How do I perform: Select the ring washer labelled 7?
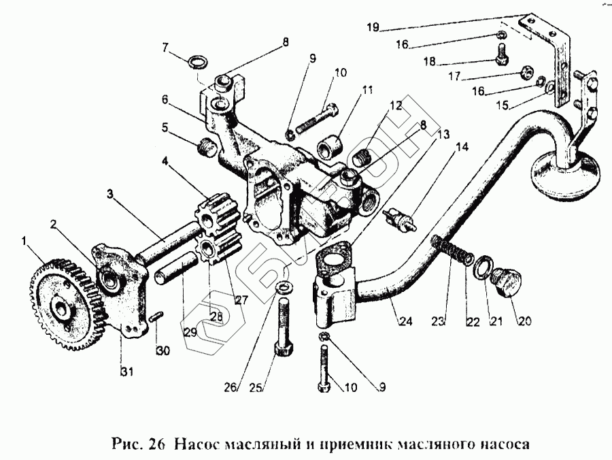pos(197,63)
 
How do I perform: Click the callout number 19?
pos(371,29)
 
